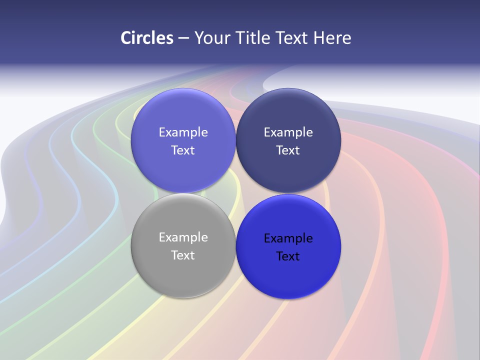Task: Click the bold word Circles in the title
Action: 147,38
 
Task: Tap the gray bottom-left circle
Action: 183,272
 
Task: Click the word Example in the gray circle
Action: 183,237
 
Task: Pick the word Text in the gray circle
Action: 183,255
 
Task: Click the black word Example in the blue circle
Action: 288,238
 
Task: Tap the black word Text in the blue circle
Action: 288,256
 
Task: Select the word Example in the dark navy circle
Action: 288,132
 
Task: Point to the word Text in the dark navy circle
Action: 288,150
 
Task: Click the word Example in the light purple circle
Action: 183,132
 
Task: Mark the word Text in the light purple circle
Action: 183,150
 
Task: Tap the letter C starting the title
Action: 125,38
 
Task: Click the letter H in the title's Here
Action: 318,38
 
